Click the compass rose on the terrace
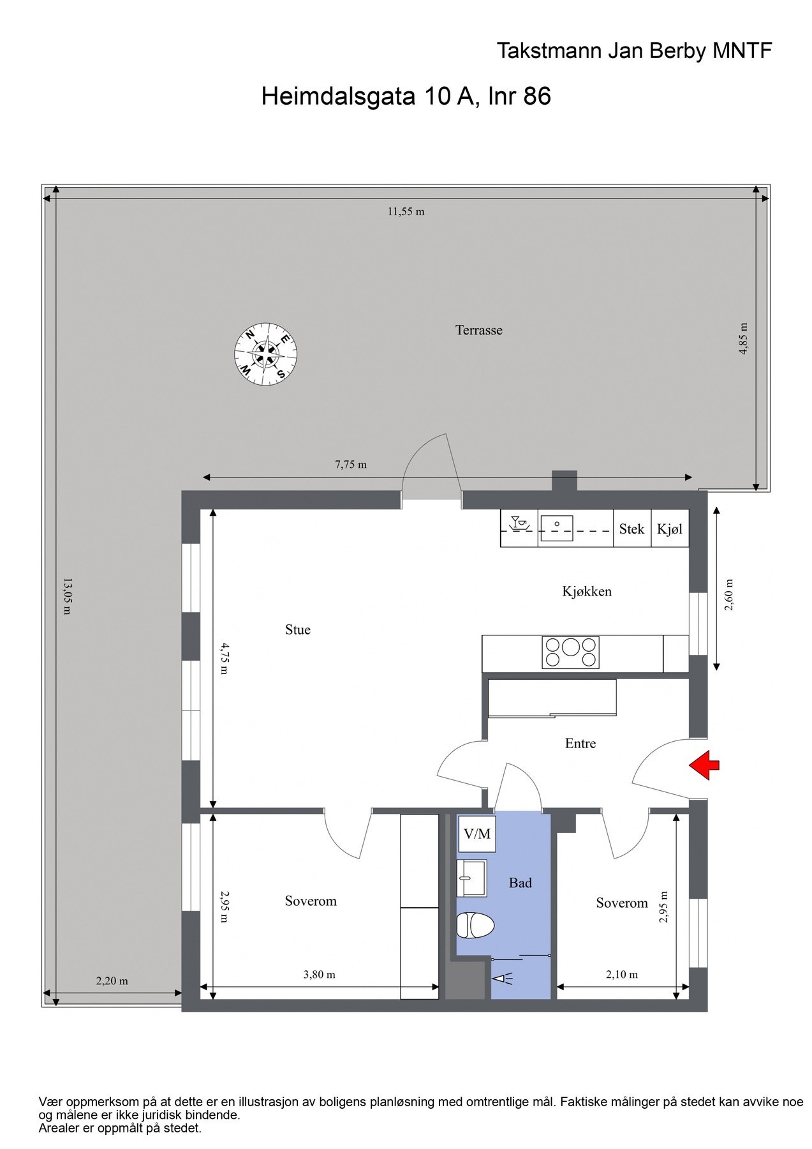[x=265, y=354]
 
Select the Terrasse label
[x=478, y=330]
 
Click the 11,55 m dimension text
[x=406, y=212]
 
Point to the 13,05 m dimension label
[x=66, y=596]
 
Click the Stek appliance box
[x=631, y=529]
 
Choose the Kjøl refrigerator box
[x=669, y=529]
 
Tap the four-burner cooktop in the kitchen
[x=570, y=652]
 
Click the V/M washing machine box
[x=477, y=834]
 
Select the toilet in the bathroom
[x=475, y=926]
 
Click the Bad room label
[x=520, y=883]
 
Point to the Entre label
[x=580, y=743]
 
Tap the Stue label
[x=297, y=630]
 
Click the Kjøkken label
[x=586, y=592]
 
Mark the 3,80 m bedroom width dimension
[x=319, y=975]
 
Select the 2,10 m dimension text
[x=621, y=975]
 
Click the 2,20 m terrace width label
[x=112, y=981]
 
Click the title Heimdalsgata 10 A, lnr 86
[x=406, y=97]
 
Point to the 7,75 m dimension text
[x=351, y=465]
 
